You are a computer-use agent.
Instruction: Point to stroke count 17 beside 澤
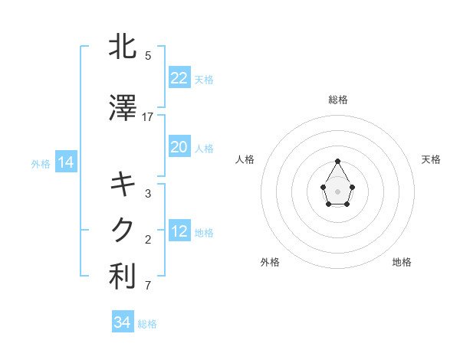coord(148,117)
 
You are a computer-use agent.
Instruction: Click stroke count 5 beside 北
coord(148,55)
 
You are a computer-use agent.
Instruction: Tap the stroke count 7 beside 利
coord(148,286)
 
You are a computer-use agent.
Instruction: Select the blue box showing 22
coord(179,78)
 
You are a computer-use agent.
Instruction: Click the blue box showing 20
coord(179,147)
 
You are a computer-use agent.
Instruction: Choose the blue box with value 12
coord(179,231)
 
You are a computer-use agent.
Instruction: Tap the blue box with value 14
coord(66,162)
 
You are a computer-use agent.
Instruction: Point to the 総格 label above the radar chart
coord(338,100)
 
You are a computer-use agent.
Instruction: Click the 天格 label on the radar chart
coord(431,159)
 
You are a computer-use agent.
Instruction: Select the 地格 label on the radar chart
coord(402,262)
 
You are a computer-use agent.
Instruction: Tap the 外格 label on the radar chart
coord(270,262)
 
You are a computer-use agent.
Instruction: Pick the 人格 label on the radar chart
coord(245,159)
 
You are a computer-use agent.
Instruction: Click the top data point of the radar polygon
coord(338,161)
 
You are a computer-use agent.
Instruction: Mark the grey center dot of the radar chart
coord(338,190)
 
